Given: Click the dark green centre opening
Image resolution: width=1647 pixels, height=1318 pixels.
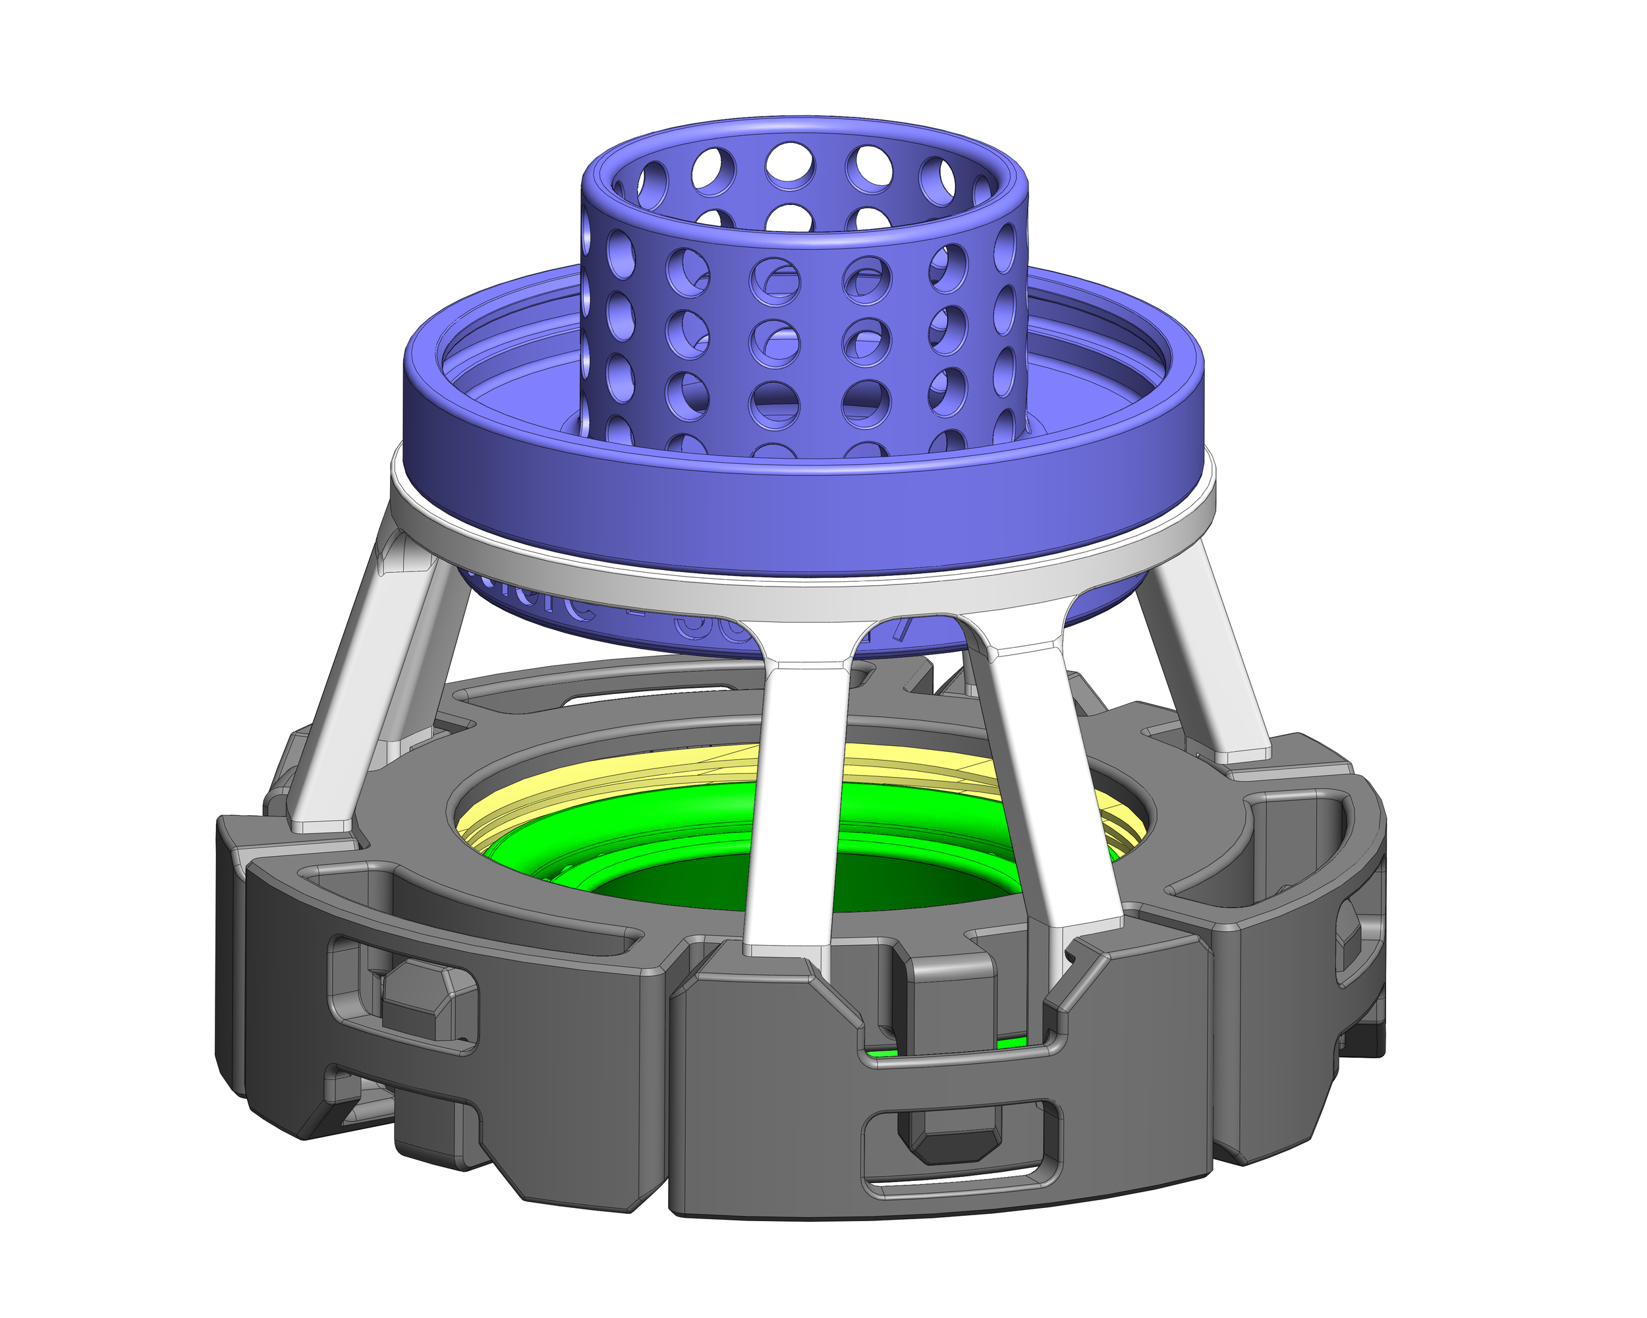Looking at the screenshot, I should point(688,886).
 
